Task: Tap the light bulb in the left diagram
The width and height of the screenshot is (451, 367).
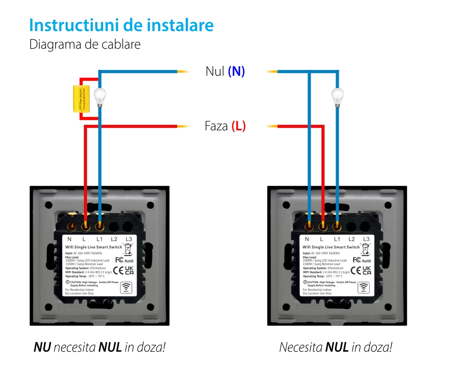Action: click(x=99, y=96)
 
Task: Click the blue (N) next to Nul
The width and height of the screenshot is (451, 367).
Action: click(x=236, y=71)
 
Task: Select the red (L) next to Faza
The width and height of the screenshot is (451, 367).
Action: click(x=239, y=126)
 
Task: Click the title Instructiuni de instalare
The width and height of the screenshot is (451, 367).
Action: click(x=121, y=25)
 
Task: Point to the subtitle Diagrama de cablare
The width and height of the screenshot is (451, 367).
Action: click(x=85, y=45)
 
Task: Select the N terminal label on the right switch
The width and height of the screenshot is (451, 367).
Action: click(x=307, y=239)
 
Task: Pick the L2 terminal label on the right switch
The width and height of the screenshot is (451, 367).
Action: click(x=352, y=239)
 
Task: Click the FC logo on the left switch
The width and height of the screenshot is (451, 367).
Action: click(x=120, y=260)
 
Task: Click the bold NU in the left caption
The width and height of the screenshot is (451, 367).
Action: click(x=42, y=347)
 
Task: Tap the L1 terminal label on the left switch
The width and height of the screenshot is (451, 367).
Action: click(x=100, y=239)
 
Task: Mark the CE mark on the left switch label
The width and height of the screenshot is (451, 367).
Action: click(x=118, y=271)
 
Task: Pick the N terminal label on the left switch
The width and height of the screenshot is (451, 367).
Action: click(x=69, y=239)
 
